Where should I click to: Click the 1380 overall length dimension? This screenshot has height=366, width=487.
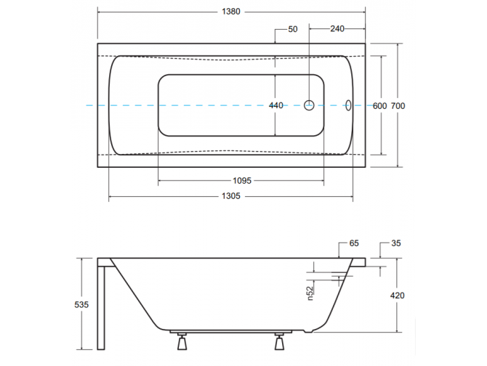point(232,12)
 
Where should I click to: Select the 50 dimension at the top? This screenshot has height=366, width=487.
point(293,29)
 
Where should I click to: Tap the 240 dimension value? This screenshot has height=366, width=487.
point(337,29)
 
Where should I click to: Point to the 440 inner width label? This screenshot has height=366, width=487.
point(275,106)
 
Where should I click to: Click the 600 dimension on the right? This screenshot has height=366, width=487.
point(379,106)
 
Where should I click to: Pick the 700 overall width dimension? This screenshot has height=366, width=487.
point(398,106)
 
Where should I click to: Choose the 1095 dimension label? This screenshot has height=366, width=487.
point(241,181)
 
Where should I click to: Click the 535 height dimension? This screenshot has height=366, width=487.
point(81,305)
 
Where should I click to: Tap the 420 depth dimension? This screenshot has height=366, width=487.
point(397,296)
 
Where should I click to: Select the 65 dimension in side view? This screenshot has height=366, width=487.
point(354,244)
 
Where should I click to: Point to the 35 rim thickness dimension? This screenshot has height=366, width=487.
point(395,244)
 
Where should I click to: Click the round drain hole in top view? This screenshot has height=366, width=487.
point(309,106)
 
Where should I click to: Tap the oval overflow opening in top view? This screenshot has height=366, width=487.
point(348,106)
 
